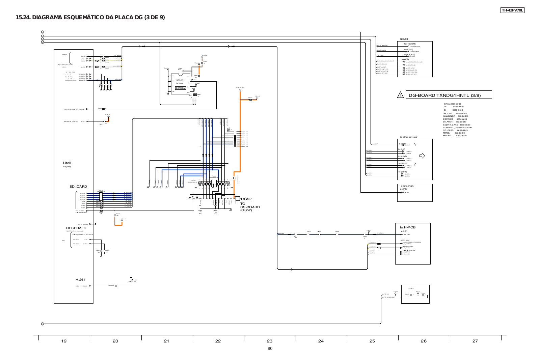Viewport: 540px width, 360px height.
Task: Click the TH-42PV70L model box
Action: point(512,10)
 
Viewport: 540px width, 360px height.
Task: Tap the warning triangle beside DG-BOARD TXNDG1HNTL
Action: point(401,95)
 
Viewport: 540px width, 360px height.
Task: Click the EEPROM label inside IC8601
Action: point(181,88)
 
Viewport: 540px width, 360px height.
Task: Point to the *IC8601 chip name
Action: point(180,80)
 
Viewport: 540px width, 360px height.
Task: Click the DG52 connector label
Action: point(246,199)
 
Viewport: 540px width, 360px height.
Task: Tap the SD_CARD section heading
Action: point(78,187)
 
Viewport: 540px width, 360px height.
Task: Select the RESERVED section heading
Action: point(76,228)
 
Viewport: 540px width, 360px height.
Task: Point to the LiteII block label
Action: point(67,163)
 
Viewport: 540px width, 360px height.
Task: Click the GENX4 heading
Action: point(404,39)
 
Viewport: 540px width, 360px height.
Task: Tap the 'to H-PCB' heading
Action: point(408,227)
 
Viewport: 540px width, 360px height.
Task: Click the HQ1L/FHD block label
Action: point(407,186)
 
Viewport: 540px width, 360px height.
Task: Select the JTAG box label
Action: point(411,288)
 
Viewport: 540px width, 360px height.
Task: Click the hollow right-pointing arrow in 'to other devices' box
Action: point(422,156)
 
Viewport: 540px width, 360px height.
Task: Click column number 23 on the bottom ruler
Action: point(269,341)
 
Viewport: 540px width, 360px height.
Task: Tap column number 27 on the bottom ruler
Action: point(475,341)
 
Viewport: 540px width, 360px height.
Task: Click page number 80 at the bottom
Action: point(270,349)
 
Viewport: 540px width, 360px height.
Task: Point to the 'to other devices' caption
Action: point(408,137)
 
